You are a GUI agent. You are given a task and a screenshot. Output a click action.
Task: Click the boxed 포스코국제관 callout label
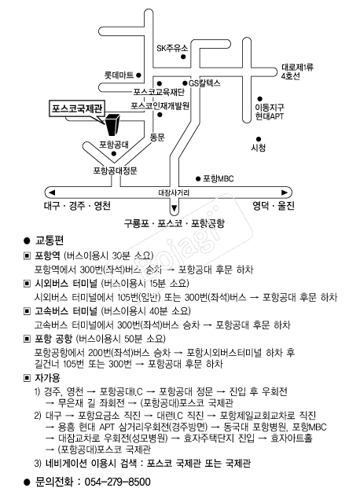(77, 109)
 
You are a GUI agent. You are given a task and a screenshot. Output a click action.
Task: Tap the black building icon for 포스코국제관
(112, 124)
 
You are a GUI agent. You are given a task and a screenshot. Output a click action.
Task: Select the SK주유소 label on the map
(172, 49)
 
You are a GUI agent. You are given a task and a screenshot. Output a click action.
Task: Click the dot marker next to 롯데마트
(138, 75)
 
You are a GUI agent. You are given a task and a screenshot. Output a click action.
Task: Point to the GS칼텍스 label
(204, 83)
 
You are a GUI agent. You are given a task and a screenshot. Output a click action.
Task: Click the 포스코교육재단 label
(159, 92)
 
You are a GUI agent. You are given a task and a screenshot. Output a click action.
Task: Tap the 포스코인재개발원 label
(160, 105)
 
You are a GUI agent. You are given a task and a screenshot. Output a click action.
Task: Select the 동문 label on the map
(157, 138)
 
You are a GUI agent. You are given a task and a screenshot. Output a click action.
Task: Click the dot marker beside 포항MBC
(198, 179)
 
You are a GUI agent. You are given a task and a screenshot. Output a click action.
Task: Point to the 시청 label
(258, 148)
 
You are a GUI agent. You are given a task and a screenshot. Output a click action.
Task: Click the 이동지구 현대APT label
(270, 112)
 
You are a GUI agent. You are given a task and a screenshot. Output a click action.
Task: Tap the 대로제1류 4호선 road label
(297, 72)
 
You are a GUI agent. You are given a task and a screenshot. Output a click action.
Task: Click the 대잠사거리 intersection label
(174, 193)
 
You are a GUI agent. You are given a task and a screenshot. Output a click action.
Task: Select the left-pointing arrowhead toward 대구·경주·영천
(52, 193)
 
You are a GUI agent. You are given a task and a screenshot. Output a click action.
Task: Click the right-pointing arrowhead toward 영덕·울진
(285, 193)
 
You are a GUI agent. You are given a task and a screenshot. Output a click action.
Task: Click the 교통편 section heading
(50, 240)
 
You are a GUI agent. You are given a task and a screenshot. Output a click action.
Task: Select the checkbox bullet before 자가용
(28, 378)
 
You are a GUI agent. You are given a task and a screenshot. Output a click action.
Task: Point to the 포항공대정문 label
(116, 171)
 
